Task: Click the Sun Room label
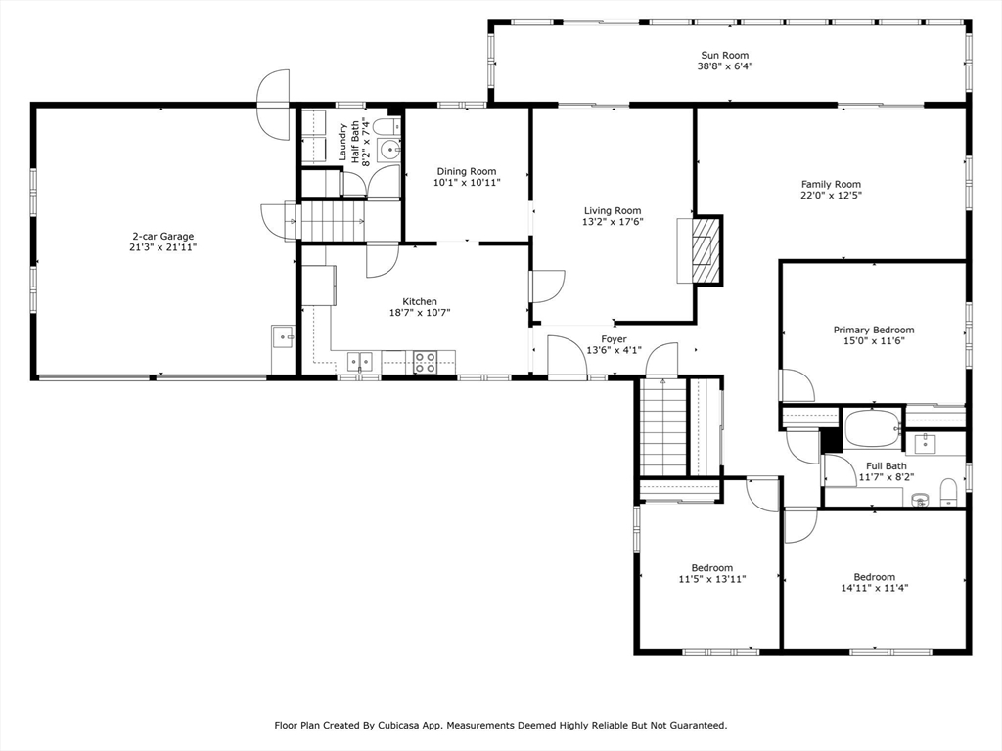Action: coord(725,55)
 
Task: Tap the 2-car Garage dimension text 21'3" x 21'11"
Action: coord(163,247)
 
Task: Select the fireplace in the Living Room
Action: coord(702,249)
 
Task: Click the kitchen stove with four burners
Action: coord(425,362)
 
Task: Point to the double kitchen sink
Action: coord(360,362)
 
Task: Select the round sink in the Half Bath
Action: coord(388,151)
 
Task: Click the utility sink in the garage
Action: coord(283,337)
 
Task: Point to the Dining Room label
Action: coord(467,171)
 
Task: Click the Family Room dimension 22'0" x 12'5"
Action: coord(831,195)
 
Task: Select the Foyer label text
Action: coord(614,339)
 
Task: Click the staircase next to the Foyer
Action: coord(662,426)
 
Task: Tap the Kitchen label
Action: coord(420,301)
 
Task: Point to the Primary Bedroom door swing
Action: coord(797,385)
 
